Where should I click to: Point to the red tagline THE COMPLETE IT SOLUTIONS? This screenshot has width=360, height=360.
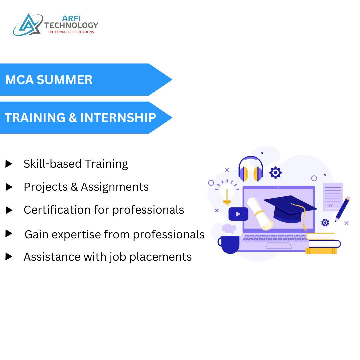click(x=71, y=32)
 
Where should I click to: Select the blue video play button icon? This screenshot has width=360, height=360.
click(x=238, y=214)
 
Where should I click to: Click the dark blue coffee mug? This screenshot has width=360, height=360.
click(x=229, y=244)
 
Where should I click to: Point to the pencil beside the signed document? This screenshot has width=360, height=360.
click(x=343, y=209)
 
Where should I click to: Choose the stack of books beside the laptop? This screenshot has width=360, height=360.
click(x=322, y=244)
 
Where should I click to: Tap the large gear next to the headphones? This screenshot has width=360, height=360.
click(x=275, y=172)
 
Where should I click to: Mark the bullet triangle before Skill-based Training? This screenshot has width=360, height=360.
click(x=9, y=164)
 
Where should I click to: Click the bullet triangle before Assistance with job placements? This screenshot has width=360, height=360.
click(x=9, y=257)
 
